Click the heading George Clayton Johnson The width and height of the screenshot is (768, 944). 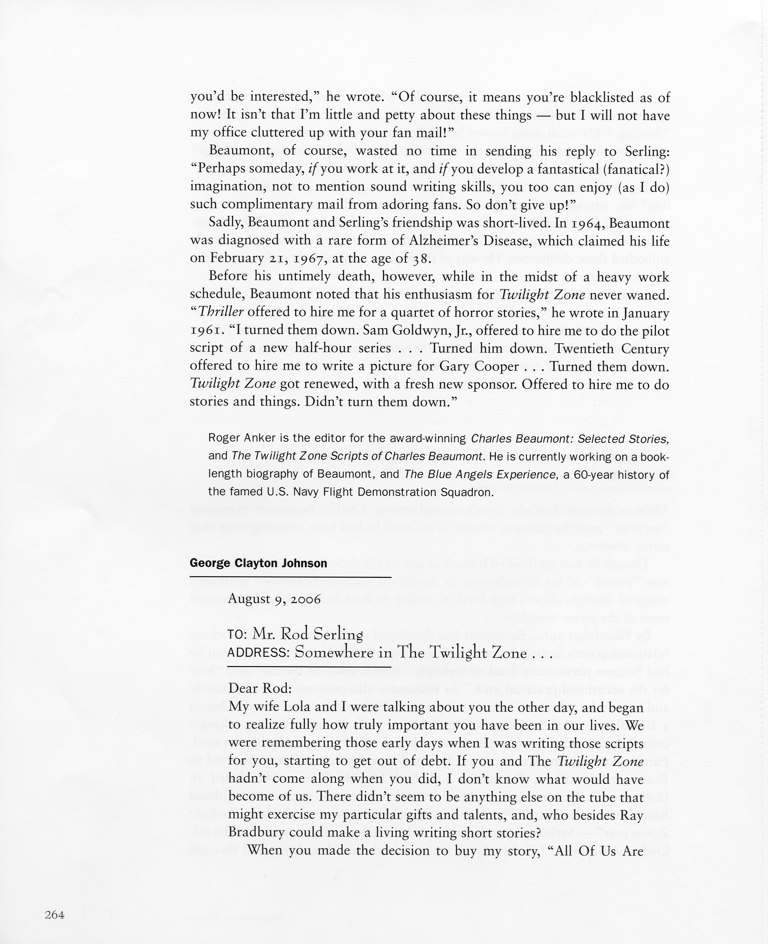point(259,563)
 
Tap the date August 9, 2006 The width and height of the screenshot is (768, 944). point(274,599)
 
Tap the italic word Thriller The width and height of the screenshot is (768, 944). point(221,312)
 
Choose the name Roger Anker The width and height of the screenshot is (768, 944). point(236,439)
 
